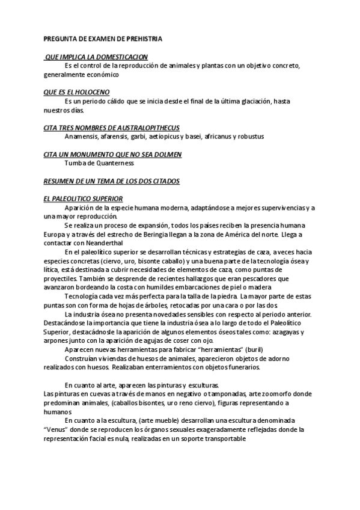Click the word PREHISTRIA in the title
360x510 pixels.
click(142, 39)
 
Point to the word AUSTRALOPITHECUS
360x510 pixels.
click(146, 127)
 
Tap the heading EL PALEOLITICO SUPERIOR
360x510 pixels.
click(84, 198)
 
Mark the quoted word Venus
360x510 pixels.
click(57, 430)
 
